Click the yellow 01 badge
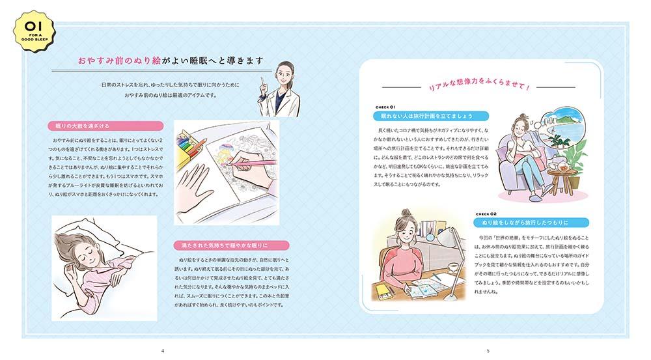point(34,31)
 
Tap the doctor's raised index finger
point(262,81)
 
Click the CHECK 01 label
point(385,107)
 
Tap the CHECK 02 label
point(486,214)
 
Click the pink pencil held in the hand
point(254,163)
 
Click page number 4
point(162,351)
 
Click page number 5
point(488,351)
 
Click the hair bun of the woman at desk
point(406,213)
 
